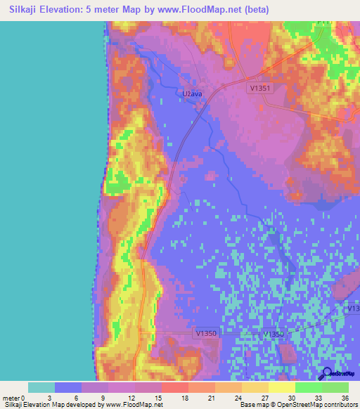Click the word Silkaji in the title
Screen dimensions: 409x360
click(x=25, y=10)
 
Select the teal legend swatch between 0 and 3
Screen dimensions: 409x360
click(x=41, y=387)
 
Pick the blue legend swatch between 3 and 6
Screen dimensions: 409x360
click(x=68, y=387)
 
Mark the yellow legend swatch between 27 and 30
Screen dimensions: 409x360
click(x=282, y=387)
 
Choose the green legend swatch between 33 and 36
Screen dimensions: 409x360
click(x=335, y=387)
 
